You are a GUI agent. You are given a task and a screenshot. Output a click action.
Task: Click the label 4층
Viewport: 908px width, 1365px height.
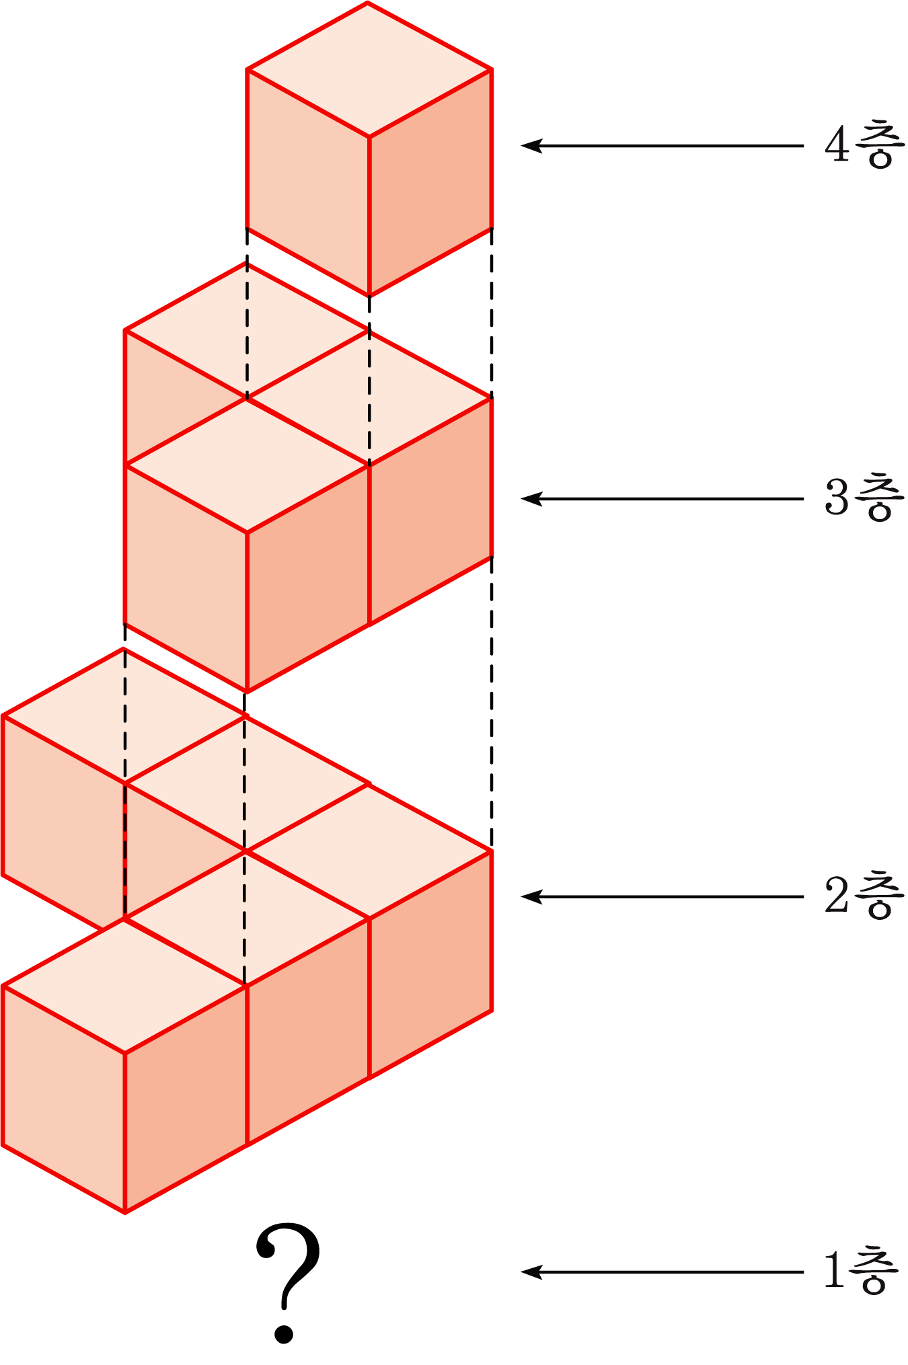click(864, 145)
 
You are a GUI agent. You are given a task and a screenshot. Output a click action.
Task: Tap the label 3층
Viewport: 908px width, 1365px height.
click(864, 498)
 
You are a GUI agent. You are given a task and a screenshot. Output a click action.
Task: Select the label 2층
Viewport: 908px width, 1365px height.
click(864, 896)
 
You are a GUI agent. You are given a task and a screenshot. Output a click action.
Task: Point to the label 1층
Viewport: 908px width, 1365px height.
click(862, 1272)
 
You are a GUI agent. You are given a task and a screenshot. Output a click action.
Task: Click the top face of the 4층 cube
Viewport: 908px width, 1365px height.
click(369, 69)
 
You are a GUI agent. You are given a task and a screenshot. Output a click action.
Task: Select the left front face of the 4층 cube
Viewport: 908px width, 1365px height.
click(308, 182)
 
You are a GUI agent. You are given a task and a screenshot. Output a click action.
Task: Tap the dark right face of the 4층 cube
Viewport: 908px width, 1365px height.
click(430, 182)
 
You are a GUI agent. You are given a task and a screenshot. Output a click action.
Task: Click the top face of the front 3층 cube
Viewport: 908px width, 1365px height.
click(247, 465)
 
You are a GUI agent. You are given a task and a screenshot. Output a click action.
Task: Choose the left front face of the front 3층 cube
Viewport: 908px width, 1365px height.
click(186, 578)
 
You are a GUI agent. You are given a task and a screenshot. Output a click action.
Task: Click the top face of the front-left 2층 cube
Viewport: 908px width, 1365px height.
click(124, 986)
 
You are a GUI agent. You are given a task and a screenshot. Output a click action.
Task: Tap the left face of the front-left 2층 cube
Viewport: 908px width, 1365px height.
click(64, 1099)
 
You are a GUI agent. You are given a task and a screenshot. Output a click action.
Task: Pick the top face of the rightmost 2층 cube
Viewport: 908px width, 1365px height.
click(369, 851)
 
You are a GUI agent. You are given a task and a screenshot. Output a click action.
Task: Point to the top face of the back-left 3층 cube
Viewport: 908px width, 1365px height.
click(247, 329)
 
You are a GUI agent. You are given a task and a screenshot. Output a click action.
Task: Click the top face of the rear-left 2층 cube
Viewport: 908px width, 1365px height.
click(124, 715)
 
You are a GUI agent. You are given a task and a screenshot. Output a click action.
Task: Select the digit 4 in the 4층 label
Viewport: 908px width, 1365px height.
click(837, 145)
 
